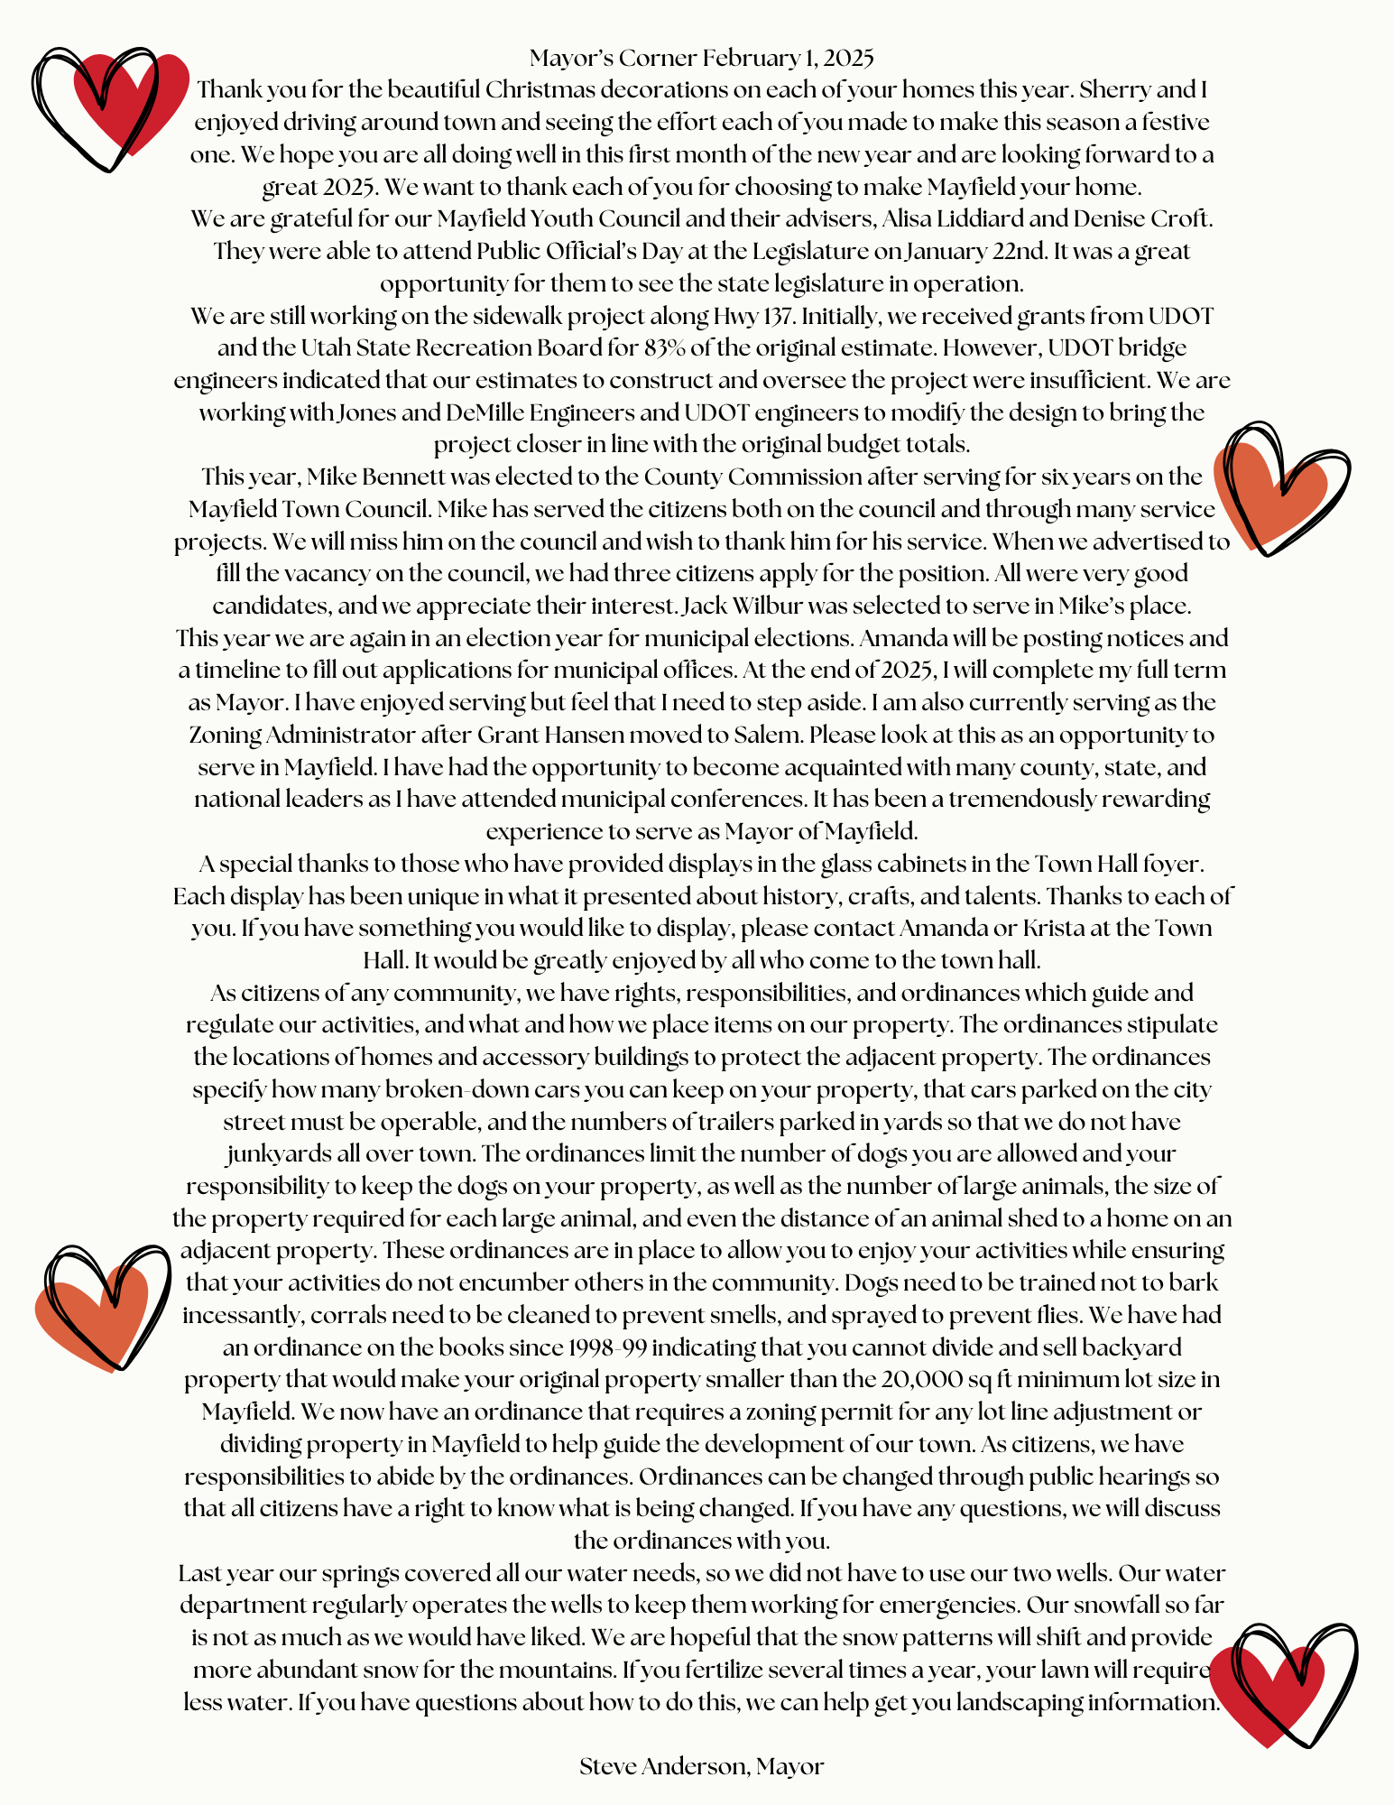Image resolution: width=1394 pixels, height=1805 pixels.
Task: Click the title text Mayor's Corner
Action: [614, 59]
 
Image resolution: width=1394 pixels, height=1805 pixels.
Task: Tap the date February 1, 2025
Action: [788, 59]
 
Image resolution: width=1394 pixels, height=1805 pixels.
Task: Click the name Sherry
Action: [1115, 90]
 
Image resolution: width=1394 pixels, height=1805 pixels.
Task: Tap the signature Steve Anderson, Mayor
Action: [701, 1767]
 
